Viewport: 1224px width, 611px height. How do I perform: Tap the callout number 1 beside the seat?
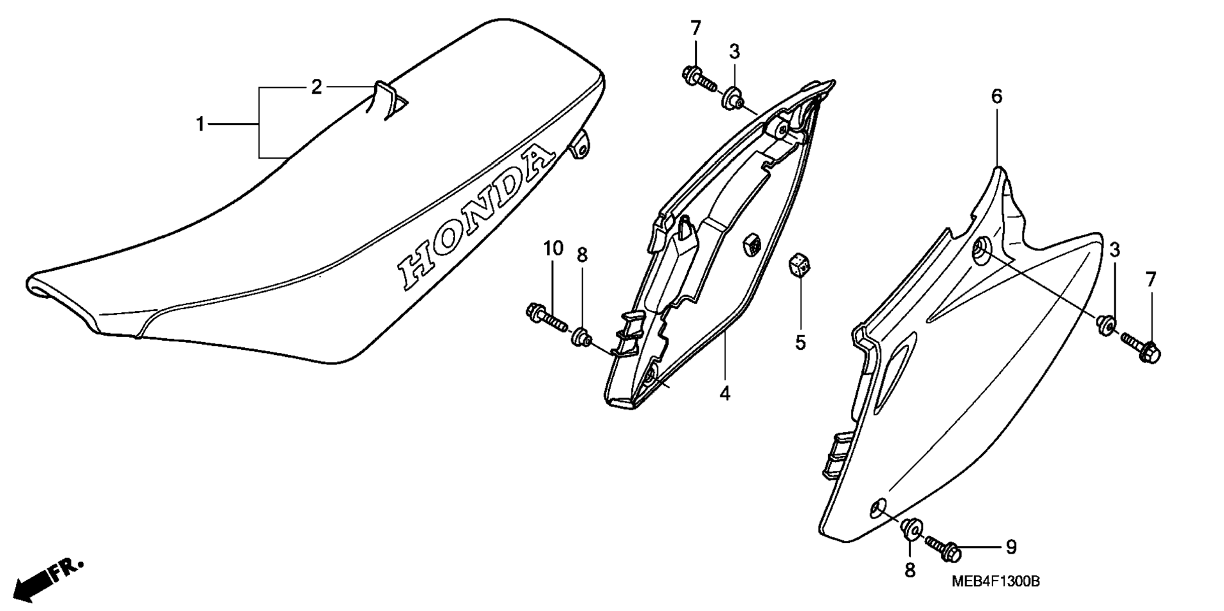200,124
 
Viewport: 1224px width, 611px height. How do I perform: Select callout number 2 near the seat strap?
316,87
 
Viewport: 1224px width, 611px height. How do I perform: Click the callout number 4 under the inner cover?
725,393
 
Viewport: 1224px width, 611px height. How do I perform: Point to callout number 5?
800,343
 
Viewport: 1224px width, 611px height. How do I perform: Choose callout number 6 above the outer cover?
996,96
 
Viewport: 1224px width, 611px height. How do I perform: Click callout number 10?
553,248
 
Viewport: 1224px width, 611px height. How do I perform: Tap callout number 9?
1011,547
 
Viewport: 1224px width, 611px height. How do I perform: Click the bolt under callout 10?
546,318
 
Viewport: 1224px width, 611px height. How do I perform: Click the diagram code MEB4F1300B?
996,582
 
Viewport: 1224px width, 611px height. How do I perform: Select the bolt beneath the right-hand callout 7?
1140,349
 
